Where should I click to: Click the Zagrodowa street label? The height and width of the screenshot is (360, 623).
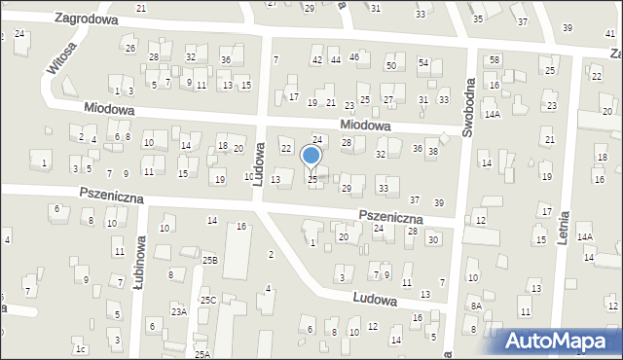(x=87, y=18)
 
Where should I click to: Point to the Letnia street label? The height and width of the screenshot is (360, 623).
(x=563, y=220)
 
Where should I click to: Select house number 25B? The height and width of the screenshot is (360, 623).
(x=209, y=261)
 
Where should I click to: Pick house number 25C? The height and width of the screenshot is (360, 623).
(x=208, y=301)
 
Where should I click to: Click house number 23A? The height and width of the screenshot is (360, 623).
(x=178, y=311)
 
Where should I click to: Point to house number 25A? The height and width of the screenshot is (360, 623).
(x=202, y=354)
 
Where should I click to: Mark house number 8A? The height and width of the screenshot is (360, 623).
(x=476, y=306)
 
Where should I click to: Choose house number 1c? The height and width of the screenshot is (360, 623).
(x=82, y=348)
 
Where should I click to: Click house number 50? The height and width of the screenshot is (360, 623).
(x=390, y=65)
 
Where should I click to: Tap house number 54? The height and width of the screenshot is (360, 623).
(x=423, y=62)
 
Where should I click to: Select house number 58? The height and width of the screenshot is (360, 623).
(x=495, y=60)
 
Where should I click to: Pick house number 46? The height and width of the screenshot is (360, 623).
(x=354, y=57)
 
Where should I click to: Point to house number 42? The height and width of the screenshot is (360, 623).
(x=316, y=60)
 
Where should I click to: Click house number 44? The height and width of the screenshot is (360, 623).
(x=335, y=60)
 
